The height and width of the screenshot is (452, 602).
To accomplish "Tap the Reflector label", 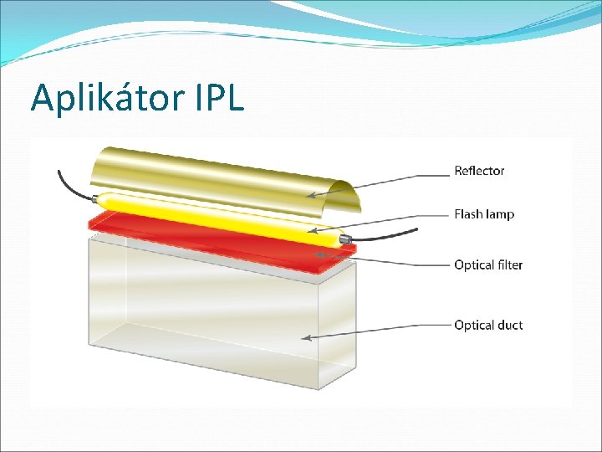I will (479, 171).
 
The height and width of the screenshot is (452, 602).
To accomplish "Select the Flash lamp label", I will (484, 214).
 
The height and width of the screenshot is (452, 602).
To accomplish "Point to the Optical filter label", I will (488, 265).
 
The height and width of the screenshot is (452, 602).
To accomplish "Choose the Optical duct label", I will (488, 325).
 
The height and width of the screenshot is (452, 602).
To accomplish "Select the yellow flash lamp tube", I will (209, 215).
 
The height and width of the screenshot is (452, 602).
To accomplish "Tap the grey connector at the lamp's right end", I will (344, 240).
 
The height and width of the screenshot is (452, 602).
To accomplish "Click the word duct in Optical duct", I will (509, 325).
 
